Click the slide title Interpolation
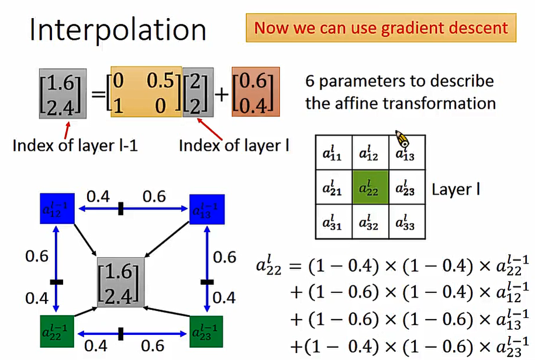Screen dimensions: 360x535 (118, 30)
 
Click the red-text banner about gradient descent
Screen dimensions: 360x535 (381, 27)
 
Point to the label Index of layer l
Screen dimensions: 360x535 (234, 144)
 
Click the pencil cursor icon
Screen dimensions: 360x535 (402, 139)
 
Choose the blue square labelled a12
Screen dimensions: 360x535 (57, 208)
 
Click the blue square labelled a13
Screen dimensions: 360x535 (207, 208)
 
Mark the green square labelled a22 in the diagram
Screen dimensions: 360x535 (57, 331)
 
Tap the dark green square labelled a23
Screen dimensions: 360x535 (207, 331)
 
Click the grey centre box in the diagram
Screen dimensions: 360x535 (122, 282)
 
